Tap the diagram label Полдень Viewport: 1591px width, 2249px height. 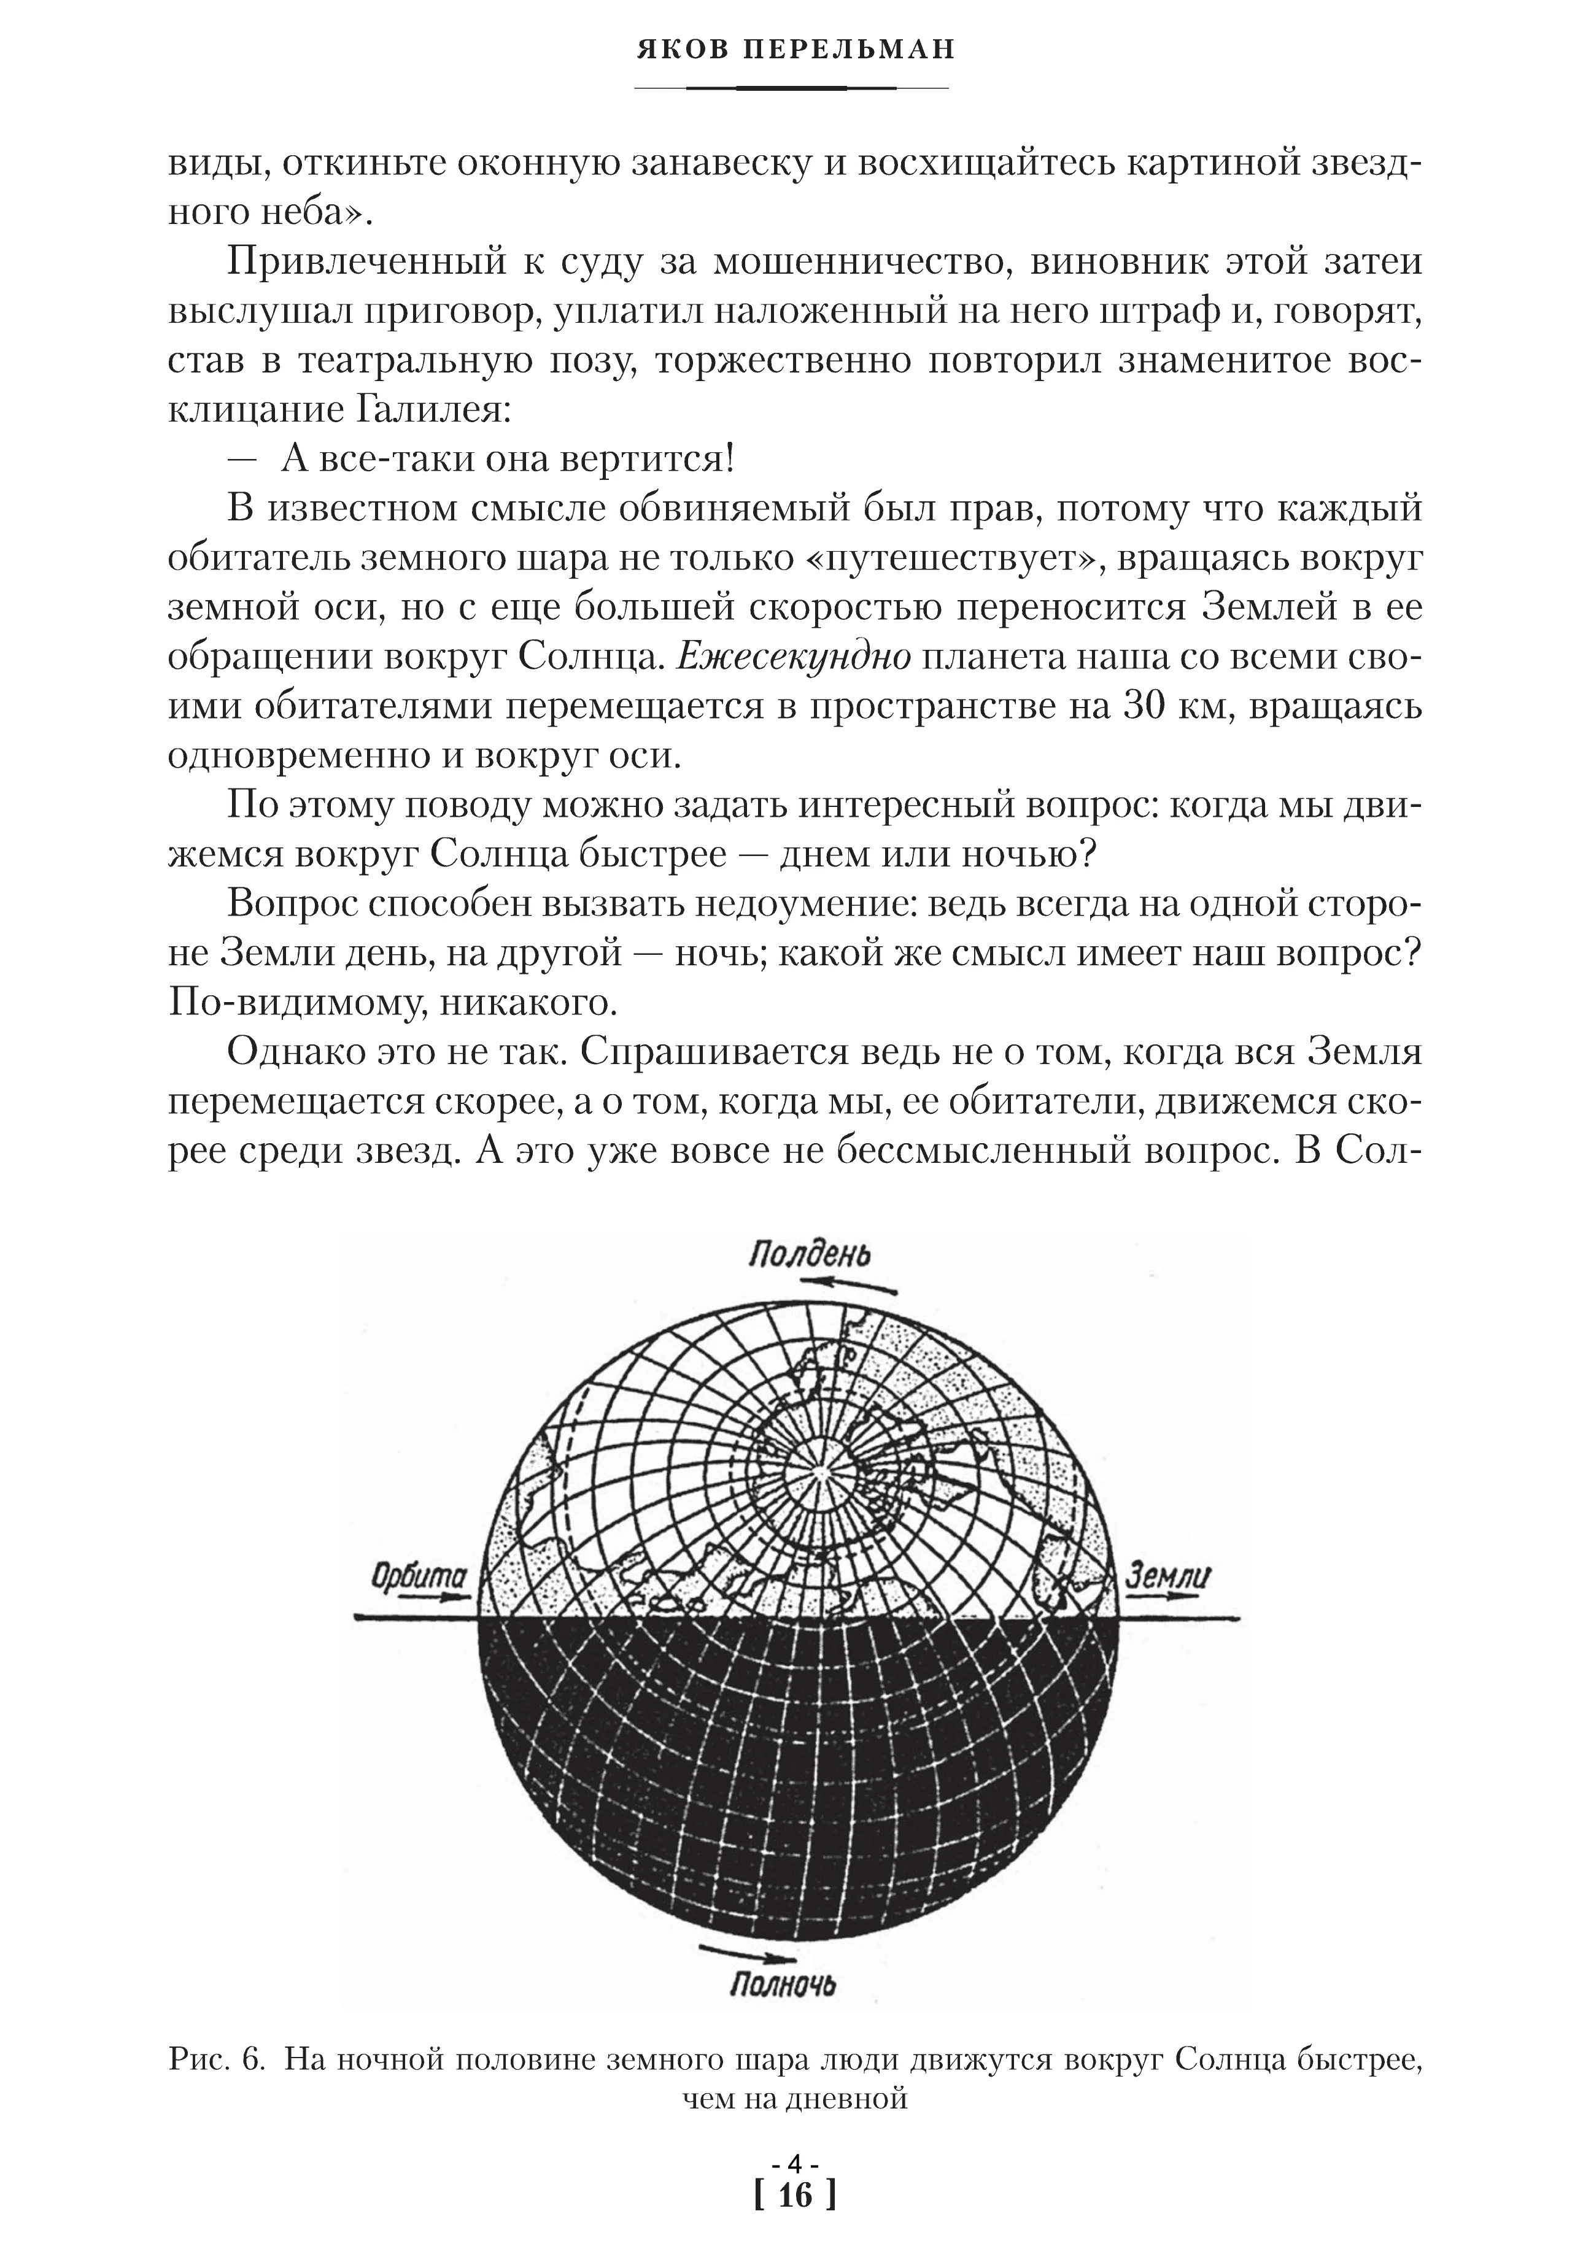(809, 1255)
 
